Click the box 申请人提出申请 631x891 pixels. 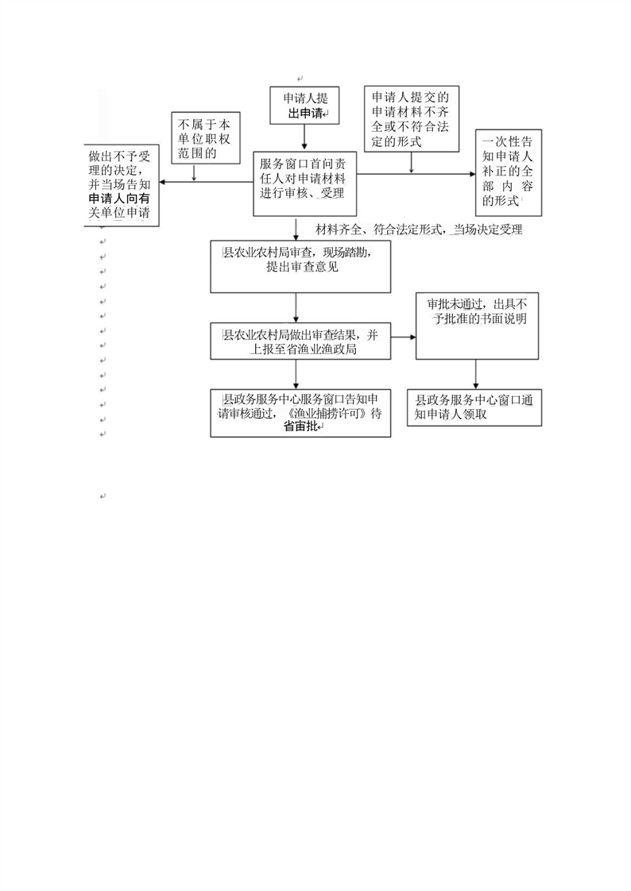pos(304,105)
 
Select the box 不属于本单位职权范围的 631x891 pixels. pos(206,137)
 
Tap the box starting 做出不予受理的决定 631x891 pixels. pos(121,185)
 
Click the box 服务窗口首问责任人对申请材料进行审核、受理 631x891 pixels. pos(304,183)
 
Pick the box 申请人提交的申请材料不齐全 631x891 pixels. pos(411,119)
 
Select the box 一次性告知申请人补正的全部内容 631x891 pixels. pos(508,172)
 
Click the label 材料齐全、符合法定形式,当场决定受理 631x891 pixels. pos(419,229)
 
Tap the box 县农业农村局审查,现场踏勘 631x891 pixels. pos(300,267)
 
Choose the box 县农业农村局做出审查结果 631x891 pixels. pos(300,341)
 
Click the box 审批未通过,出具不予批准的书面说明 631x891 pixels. pos(477,326)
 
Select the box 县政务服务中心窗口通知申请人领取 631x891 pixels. pos(474,407)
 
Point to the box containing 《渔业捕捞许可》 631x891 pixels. pos(300,413)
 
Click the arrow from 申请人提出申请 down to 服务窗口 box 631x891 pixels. pos(304,137)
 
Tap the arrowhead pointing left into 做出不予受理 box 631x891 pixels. pos(163,182)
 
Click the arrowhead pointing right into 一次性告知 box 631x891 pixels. pos(471,175)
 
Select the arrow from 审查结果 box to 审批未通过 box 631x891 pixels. pos(403,337)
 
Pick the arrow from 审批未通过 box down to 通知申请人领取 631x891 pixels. pos(476,375)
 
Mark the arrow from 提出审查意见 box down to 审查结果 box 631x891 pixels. pos(296,308)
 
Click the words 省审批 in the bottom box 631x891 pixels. pos(300,426)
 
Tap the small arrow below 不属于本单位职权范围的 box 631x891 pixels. pos(195,173)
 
